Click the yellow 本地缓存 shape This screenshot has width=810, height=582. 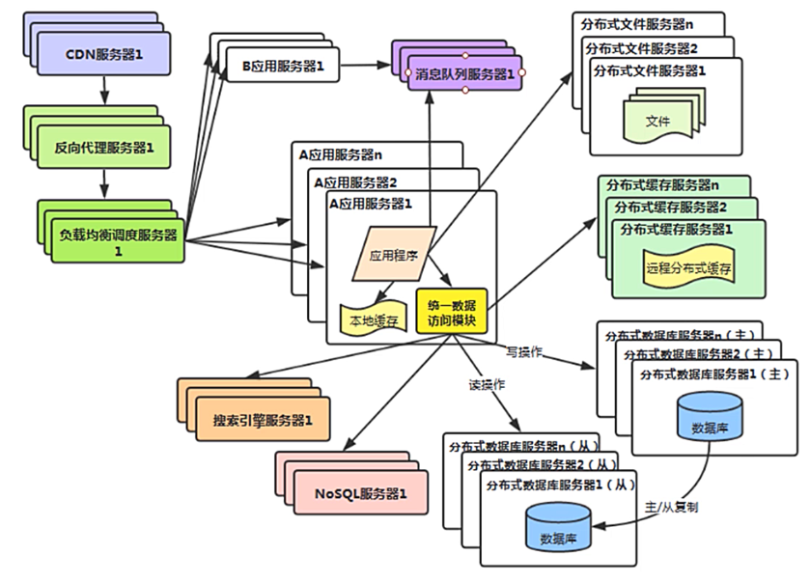373,319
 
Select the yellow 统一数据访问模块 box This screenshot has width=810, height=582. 452,310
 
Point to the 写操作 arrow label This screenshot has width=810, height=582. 524,352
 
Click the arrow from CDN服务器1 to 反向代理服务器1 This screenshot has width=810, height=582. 104,91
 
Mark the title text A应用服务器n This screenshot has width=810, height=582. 339,152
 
